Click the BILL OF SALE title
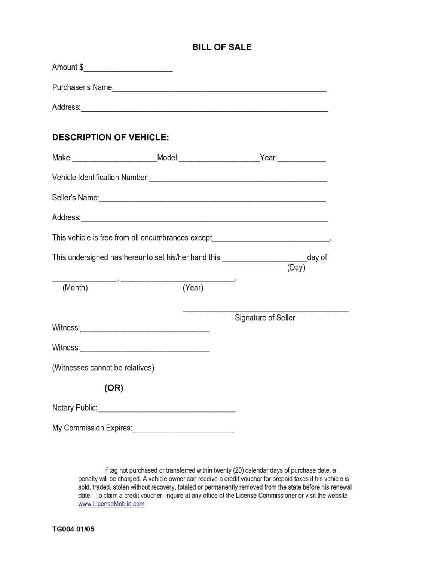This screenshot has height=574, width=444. [222, 47]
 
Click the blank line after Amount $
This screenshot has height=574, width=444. [128, 69]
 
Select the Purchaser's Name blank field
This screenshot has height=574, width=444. [219, 89]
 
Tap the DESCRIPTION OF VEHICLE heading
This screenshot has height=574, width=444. [111, 137]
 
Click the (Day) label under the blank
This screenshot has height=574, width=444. [296, 268]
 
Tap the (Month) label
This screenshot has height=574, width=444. [75, 288]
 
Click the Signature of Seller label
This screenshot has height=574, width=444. [265, 318]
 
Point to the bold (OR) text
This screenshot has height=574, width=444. [114, 388]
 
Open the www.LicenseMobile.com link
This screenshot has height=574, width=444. [111, 504]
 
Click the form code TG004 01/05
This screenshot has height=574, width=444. [73, 529]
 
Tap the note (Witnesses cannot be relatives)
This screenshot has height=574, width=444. [103, 368]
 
